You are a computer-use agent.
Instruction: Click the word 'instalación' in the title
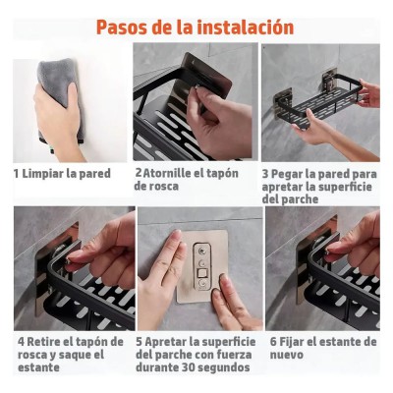click(247, 27)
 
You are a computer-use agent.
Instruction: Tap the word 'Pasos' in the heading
click(122, 28)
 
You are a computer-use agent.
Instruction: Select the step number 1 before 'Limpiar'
click(16, 174)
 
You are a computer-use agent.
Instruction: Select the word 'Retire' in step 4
click(44, 342)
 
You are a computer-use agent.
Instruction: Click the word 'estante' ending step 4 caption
click(38, 367)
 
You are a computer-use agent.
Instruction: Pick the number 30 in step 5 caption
click(188, 367)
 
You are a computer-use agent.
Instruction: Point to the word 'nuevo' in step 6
click(287, 355)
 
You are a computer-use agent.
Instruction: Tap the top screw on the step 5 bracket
click(200, 252)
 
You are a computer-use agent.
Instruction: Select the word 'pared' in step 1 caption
click(95, 174)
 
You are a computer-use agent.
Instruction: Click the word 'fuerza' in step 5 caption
click(235, 355)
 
